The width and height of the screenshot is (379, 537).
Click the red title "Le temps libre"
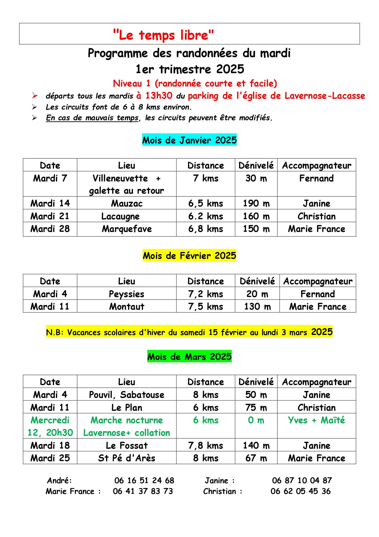163,35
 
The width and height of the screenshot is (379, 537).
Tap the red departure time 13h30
159,96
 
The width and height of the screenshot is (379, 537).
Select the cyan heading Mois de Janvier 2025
189,140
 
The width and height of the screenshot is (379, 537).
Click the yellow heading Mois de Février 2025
189,256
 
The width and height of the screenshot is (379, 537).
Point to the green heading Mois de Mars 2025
189,357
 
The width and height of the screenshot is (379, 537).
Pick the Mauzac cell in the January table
127,203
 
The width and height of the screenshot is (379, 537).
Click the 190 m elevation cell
256,203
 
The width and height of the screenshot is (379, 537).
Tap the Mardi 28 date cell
50,229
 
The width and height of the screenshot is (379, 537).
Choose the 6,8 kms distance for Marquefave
205,229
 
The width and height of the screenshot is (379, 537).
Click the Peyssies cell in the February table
127,294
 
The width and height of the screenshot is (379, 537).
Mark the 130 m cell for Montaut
257,306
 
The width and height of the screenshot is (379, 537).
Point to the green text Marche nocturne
127,420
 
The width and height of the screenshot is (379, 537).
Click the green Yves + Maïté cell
316,420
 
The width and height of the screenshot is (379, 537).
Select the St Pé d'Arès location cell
127,458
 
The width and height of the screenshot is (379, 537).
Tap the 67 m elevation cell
256,458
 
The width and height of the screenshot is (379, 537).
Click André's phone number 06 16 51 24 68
144,480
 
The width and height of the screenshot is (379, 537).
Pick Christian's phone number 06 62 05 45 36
300,491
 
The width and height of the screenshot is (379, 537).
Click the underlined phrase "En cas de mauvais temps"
92,118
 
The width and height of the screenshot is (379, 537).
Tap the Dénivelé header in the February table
257,281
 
